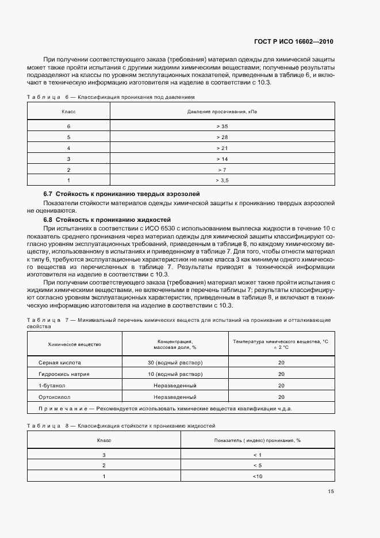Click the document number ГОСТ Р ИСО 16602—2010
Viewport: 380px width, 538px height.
(x=293, y=42)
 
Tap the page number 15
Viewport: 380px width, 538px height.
(x=331, y=491)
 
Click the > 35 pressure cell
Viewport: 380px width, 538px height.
(x=222, y=126)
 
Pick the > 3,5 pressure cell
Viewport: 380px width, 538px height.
(x=222, y=180)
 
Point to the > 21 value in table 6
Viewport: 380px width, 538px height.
(x=222, y=148)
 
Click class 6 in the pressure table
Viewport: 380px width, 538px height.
(x=68, y=126)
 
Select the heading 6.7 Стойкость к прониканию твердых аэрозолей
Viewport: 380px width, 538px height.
(x=122, y=194)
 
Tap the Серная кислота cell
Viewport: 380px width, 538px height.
(x=60, y=363)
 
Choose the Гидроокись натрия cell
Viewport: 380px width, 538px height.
(x=64, y=374)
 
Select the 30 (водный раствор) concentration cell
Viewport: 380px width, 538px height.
(x=175, y=363)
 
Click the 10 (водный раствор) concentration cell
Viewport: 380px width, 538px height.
(x=175, y=374)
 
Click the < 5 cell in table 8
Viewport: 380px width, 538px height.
(x=257, y=465)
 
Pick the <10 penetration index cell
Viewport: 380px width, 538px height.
(x=257, y=476)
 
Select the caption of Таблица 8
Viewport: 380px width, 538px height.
(x=121, y=426)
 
